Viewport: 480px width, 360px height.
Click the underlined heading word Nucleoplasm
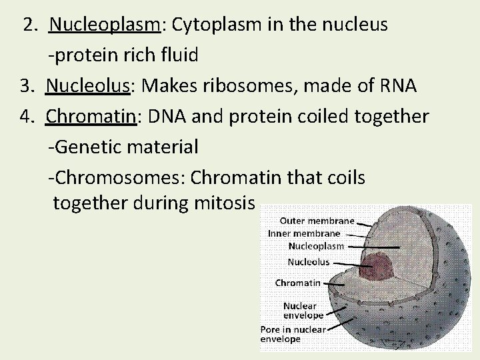coord(105,25)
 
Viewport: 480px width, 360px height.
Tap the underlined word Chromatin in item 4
coord(91,117)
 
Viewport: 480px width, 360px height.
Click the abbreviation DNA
coord(163,117)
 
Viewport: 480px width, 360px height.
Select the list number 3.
coord(27,86)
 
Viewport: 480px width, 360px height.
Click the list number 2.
coord(30,25)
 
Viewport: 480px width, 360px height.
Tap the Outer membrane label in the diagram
coord(317,221)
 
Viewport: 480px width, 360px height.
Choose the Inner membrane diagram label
coord(304,233)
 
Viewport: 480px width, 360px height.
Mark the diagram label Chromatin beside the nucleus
coord(297,283)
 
